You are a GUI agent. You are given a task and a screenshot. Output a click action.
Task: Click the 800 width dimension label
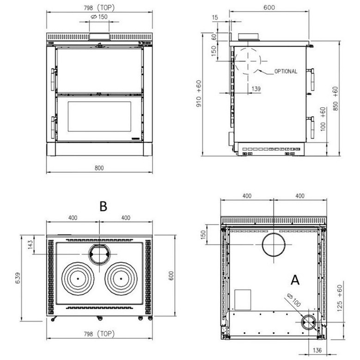[x=99, y=168]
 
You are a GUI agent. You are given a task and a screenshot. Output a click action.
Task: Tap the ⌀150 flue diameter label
[x=99, y=17]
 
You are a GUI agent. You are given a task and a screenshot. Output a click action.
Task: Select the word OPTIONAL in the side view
[x=286, y=72]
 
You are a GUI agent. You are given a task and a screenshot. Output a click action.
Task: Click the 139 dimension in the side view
[x=256, y=89]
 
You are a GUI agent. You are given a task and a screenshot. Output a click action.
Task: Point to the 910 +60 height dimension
[x=199, y=93]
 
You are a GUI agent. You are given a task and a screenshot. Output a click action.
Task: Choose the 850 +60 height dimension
[x=336, y=98]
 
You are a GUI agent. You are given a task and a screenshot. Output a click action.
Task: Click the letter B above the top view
[x=104, y=206]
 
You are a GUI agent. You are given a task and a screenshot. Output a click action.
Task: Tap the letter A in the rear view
[x=295, y=280]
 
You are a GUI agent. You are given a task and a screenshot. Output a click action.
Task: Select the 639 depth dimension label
[x=18, y=278]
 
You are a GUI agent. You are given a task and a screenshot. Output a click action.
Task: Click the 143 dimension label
[x=31, y=245]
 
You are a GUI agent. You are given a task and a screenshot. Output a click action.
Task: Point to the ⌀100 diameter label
[x=294, y=300]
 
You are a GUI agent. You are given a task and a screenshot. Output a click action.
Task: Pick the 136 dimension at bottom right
[x=317, y=350]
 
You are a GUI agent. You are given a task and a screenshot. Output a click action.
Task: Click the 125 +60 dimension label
[x=340, y=298]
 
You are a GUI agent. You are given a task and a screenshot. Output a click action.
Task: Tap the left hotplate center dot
[x=78, y=279]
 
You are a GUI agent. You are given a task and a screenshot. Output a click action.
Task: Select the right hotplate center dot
[x=121, y=279]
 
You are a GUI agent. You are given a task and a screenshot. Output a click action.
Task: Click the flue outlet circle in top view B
[x=99, y=245]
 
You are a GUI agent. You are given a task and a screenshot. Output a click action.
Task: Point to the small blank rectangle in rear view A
[x=243, y=299]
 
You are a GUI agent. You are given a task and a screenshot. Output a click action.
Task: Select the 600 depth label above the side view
[x=269, y=7]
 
